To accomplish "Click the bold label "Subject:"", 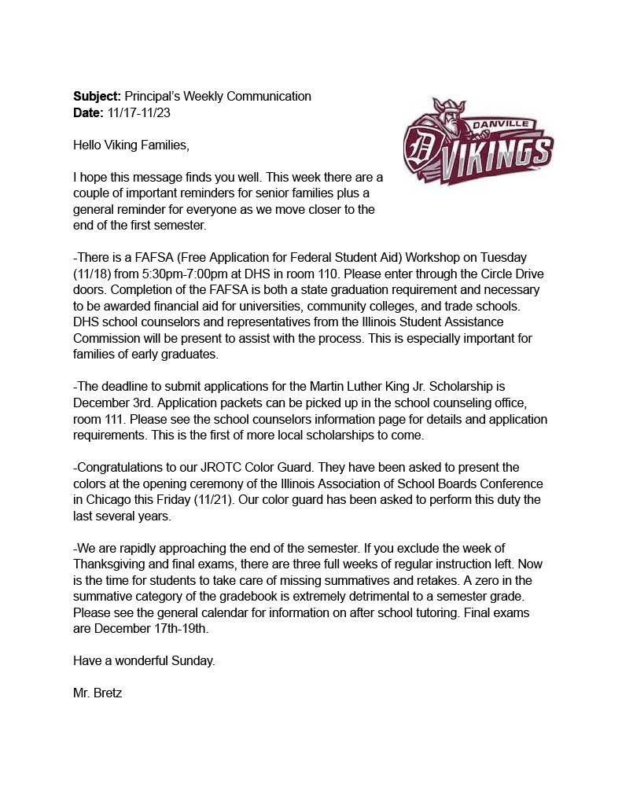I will [98, 97].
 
